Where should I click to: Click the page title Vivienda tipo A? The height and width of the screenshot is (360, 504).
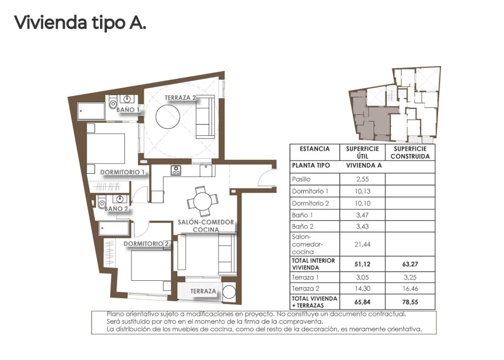[80, 23]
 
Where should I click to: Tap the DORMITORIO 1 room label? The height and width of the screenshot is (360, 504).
[123, 172]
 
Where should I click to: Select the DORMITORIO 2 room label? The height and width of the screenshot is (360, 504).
[146, 243]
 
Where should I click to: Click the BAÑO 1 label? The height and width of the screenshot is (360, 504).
[127, 110]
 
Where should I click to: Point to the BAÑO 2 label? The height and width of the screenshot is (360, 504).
[116, 209]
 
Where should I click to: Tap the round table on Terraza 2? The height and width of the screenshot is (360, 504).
[170, 117]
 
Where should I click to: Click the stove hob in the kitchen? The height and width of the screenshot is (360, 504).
[176, 171]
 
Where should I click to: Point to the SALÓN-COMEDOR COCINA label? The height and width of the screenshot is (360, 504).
[206, 226]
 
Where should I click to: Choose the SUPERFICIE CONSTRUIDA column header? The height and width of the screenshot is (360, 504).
[410, 152]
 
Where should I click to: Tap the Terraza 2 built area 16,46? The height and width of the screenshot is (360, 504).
[410, 289]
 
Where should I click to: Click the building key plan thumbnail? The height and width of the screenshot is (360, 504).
[394, 104]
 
